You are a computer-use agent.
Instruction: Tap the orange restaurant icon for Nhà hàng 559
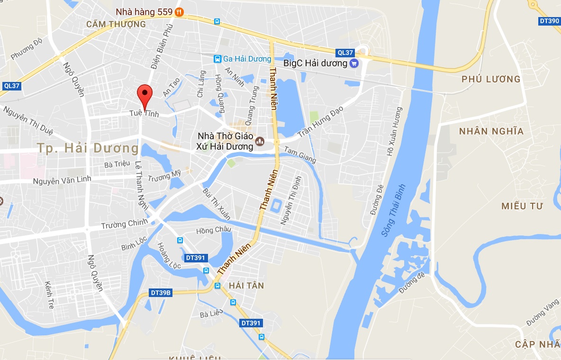pyautogui.click(x=179, y=12)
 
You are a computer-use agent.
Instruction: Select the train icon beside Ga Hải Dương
pyautogui.click(x=217, y=59)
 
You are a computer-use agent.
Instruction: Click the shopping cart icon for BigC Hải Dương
pyautogui.click(x=353, y=63)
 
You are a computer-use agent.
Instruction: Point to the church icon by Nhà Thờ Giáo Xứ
pyautogui.click(x=260, y=141)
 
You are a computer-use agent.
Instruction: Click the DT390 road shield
pyautogui.click(x=550, y=21)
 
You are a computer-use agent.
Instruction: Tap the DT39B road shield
pyautogui.click(x=160, y=293)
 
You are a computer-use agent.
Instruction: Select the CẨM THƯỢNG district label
pyautogui.click(x=116, y=24)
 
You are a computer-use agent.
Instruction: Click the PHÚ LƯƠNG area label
pyautogui.click(x=491, y=79)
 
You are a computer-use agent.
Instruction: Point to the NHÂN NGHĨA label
pyautogui.click(x=491, y=131)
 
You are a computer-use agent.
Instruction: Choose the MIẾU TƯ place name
pyautogui.click(x=522, y=206)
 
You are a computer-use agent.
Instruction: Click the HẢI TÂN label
pyautogui.click(x=246, y=286)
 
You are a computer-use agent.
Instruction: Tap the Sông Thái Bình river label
pyautogui.click(x=395, y=210)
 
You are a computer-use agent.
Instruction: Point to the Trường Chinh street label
pyautogui.click(x=124, y=224)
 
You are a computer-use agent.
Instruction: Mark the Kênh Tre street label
pyautogui.click(x=49, y=295)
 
